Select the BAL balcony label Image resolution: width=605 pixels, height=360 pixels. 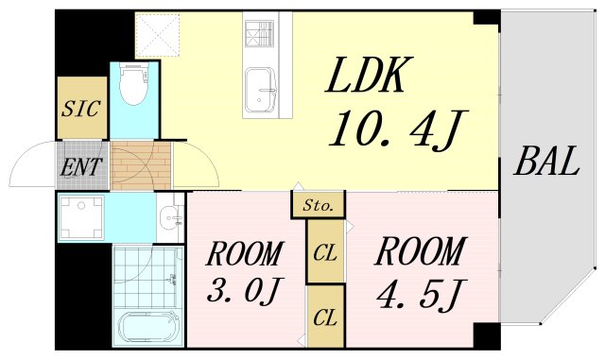click(x=545, y=163)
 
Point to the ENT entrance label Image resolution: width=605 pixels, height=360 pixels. click(x=83, y=168)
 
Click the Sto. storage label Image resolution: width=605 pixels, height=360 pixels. click(x=316, y=205)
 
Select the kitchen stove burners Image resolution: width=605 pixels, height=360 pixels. click(x=258, y=34)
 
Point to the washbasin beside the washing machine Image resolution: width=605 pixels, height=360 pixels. click(x=170, y=218)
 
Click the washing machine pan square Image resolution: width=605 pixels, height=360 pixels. click(x=80, y=218)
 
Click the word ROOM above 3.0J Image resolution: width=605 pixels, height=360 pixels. click(x=245, y=254)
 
